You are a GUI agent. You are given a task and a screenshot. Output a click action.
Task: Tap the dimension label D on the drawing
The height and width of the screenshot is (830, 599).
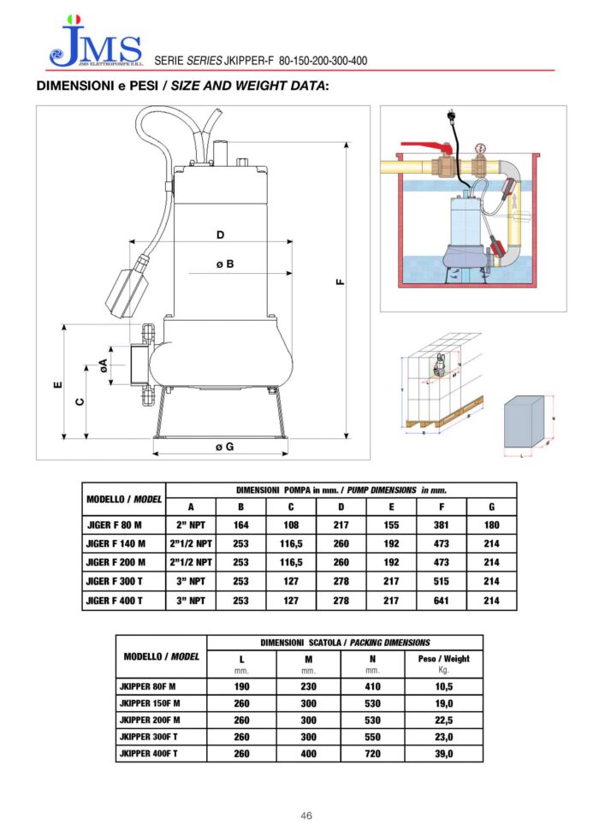220,234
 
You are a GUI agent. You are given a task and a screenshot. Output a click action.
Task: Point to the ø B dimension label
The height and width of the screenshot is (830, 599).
225,265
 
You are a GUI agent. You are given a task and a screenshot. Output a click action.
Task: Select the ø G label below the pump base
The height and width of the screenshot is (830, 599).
225,448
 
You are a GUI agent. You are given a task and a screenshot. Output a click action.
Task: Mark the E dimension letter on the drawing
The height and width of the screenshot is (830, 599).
56,385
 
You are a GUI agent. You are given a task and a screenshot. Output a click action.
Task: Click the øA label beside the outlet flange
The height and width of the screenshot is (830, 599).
104,366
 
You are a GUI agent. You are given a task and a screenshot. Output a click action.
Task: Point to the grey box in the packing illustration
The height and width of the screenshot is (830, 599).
524,422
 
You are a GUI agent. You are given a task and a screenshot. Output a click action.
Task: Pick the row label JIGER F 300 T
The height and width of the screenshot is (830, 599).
114,582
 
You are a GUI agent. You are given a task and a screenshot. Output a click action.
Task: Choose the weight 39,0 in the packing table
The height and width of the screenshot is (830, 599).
443,754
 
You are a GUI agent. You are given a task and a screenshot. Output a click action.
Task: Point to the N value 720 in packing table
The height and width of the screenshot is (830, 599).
372,754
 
